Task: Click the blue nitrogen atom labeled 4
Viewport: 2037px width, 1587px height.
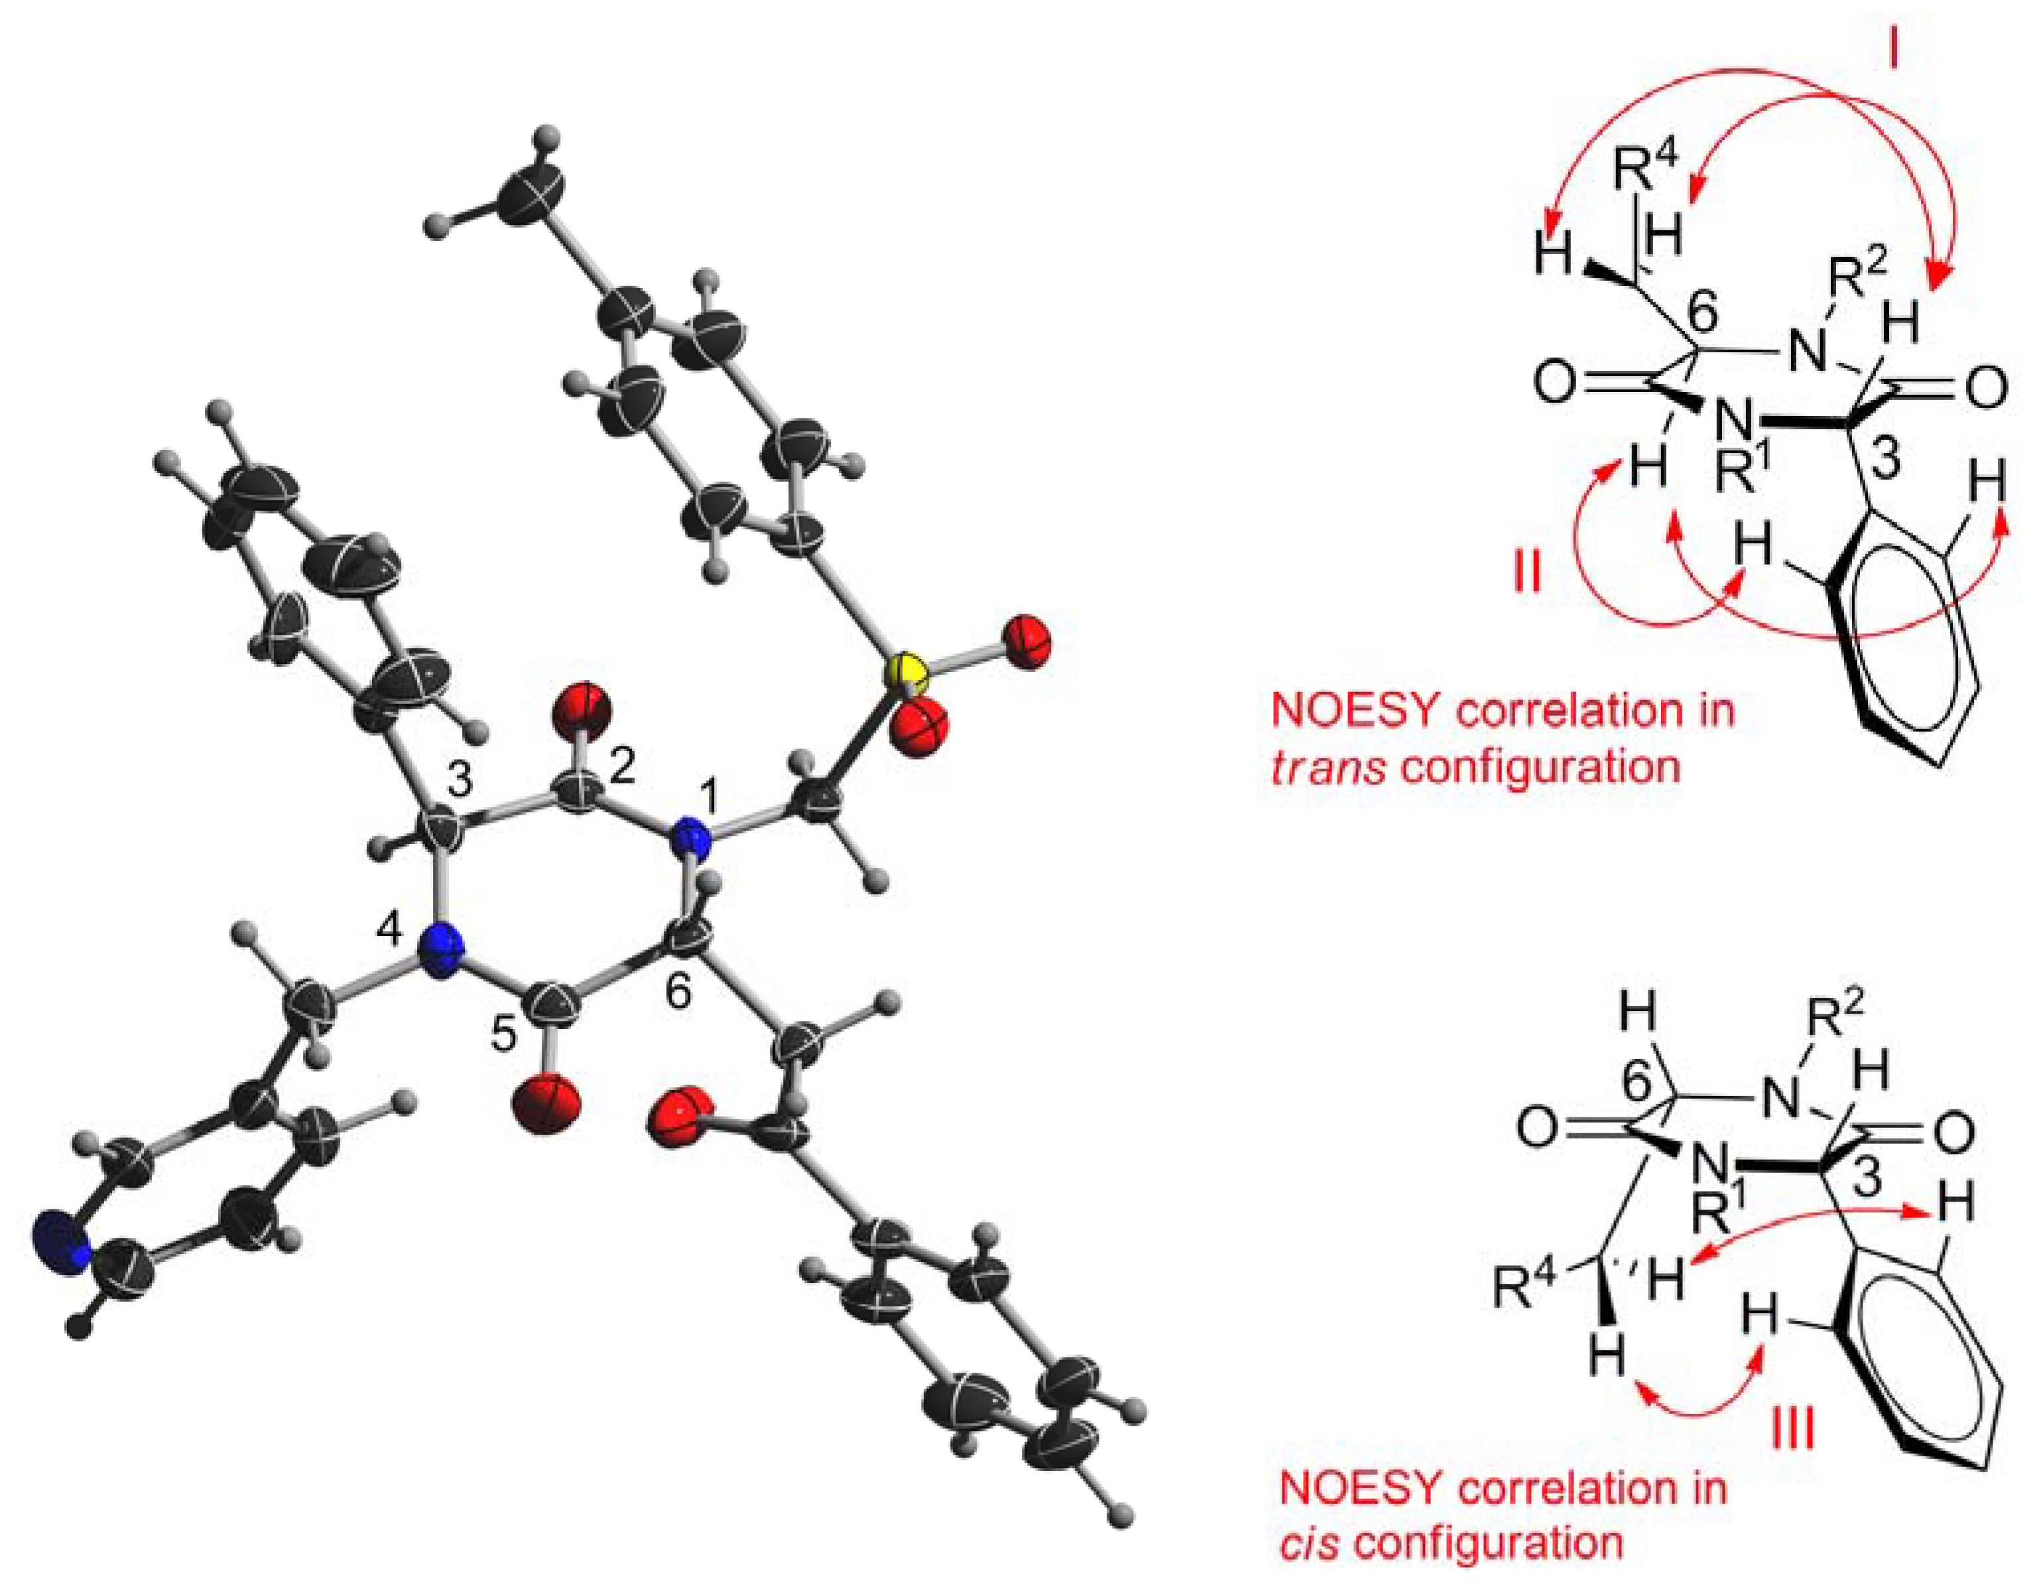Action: pos(440,951)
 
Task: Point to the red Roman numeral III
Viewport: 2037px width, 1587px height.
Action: pos(1792,1428)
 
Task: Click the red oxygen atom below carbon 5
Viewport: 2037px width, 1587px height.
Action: pos(546,1104)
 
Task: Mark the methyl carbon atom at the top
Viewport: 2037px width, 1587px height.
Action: pos(530,192)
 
